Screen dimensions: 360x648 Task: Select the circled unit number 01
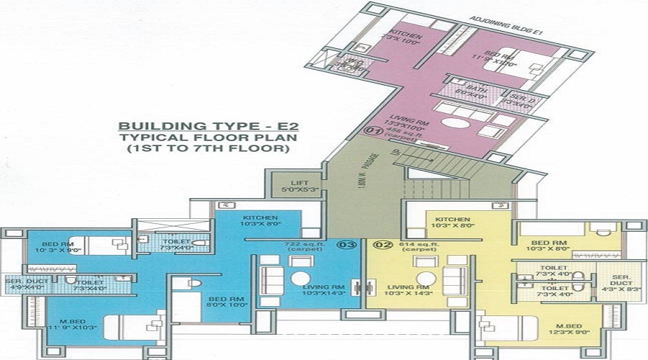click(373, 131)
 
